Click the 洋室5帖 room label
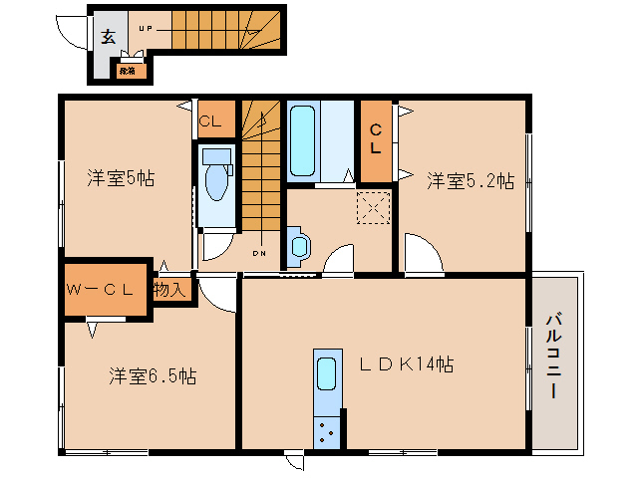point(120,179)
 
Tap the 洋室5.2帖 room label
point(471,180)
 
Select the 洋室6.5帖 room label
point(152,376)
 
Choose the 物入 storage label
point(169,290)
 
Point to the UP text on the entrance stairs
point(146,30)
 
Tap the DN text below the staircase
point(258,253)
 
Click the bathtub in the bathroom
point(303,139)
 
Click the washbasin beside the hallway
point(297,246)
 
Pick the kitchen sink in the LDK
point(326,374)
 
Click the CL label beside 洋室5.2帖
point(375,138)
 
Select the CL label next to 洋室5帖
point(210,122)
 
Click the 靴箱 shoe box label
point(128,71)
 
